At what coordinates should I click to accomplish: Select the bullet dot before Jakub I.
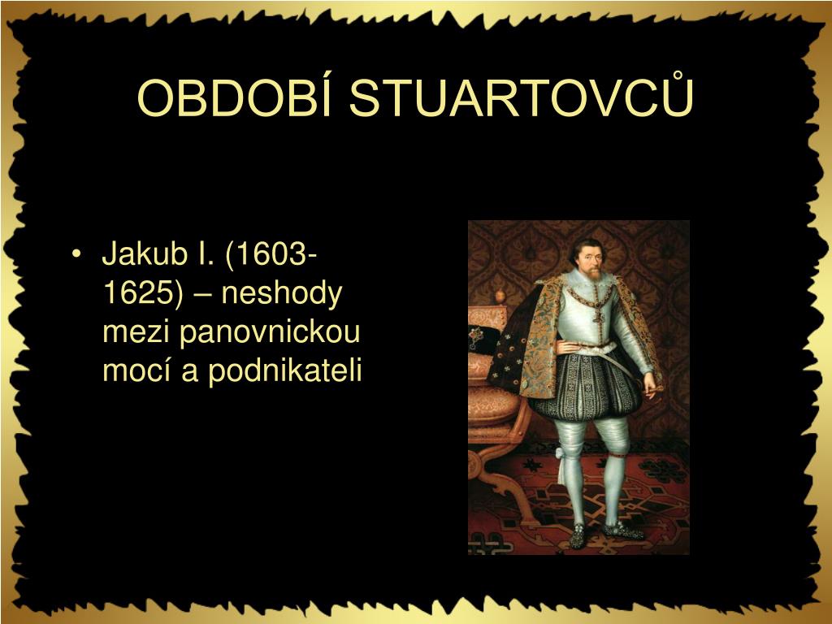click(76, 255)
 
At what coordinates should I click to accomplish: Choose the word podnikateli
click(284, 370)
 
